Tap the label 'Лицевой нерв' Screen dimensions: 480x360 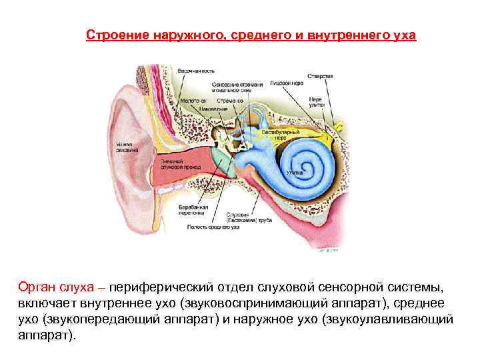tap(287, 83)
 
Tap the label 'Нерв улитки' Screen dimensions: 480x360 tap(315, 102)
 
